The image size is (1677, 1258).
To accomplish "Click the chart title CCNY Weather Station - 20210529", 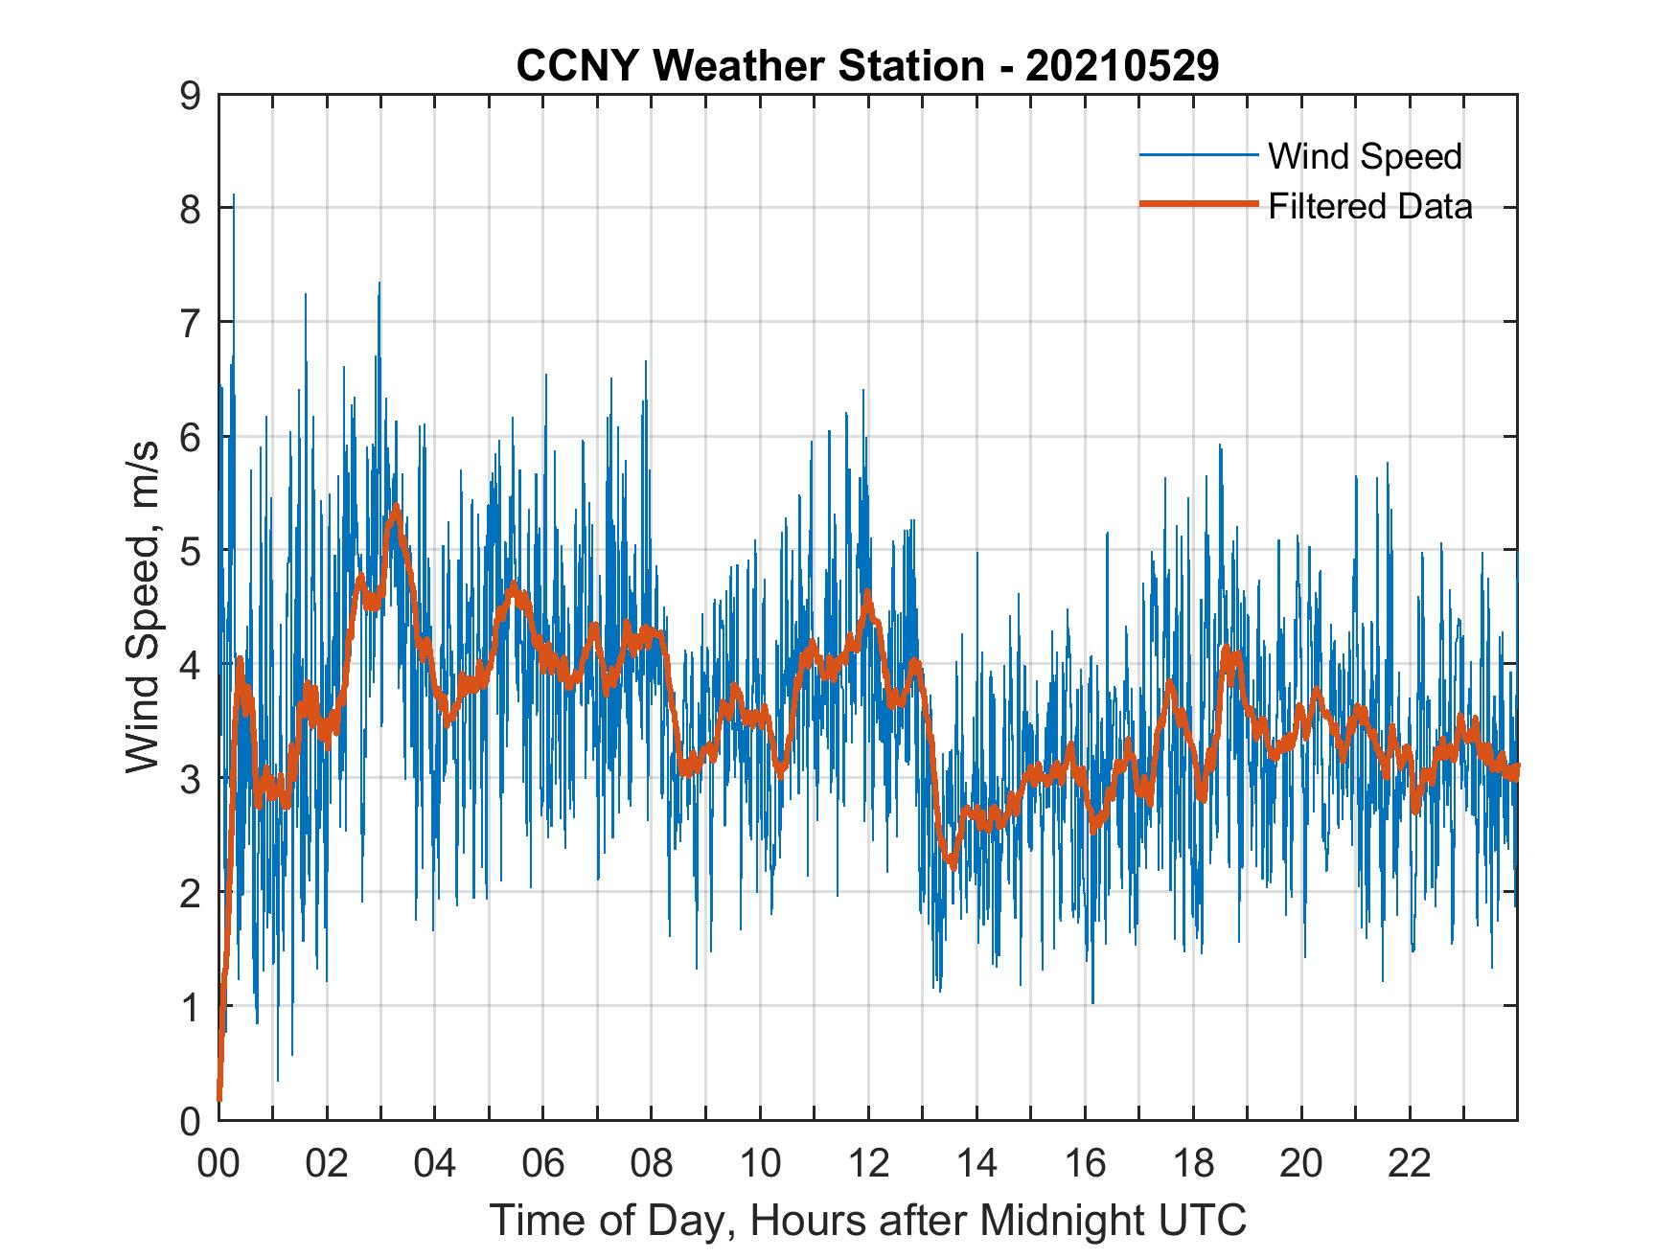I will coord(867,66).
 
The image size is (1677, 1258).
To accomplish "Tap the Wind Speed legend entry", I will coord(1365,156).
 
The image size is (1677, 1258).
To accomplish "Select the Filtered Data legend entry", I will coord(1369,206).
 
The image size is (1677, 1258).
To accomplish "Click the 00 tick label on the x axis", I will coord(218,1164).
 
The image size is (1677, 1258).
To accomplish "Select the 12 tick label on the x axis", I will coord(868,1164).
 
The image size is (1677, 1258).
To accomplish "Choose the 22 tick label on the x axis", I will coord(1410,1164).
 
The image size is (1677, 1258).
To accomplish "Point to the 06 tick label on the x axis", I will coord(543,1164).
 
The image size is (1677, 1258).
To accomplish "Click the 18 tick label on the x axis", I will coord(1193,1164).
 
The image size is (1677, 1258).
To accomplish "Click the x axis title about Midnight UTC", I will coord(868,1220).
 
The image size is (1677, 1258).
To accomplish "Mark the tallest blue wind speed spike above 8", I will coord(234,196).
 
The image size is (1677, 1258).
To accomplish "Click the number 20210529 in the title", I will coord(1122,66).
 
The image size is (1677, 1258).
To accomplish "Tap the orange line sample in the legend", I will coord(1198,204).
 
